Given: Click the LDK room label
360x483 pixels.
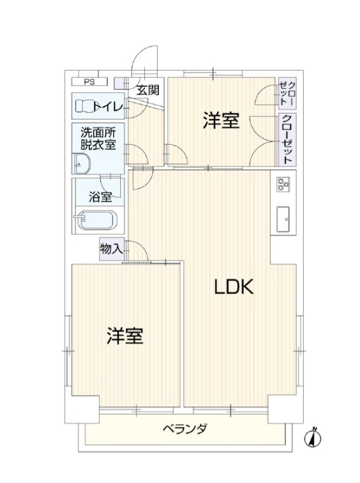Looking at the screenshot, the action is pyautogui.click(x=234, y=286).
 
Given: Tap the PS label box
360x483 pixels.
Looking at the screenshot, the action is pyautogui.click(x=89, y=82).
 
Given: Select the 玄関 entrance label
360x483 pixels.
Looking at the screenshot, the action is pyautogui.click(x=148, y=90).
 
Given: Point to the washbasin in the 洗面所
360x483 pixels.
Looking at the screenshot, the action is pyautogui.click(x=82, y=164).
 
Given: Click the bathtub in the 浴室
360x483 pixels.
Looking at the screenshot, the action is pyautogui.click(x=96, y=220).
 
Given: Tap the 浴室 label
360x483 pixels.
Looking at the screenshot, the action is pyautogui.click(x=100, y=197).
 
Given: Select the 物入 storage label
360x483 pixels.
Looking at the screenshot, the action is pyautogui.click(x=112, y=249).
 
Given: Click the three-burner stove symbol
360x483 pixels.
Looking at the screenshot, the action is pyautogui.click(x=283, y=185).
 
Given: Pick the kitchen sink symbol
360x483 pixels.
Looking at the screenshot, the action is pyautogui.click(x=283, y=219).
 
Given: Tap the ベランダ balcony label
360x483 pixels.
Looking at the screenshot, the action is pyautogui.click(x=185, y=429).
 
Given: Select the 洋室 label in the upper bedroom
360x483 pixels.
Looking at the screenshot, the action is pyautogui.click(x=221, y=120).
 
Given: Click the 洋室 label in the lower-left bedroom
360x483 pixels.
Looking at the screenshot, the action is pyautogui.click(x=125, y=336).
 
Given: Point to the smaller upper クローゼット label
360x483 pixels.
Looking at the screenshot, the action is pyautogui.click(x=288, y=94).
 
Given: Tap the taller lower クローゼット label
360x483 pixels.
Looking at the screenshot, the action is pyautogui.click(x=288, y=139).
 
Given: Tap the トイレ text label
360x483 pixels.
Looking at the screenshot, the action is pyautogui.click(x=109, y=107).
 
